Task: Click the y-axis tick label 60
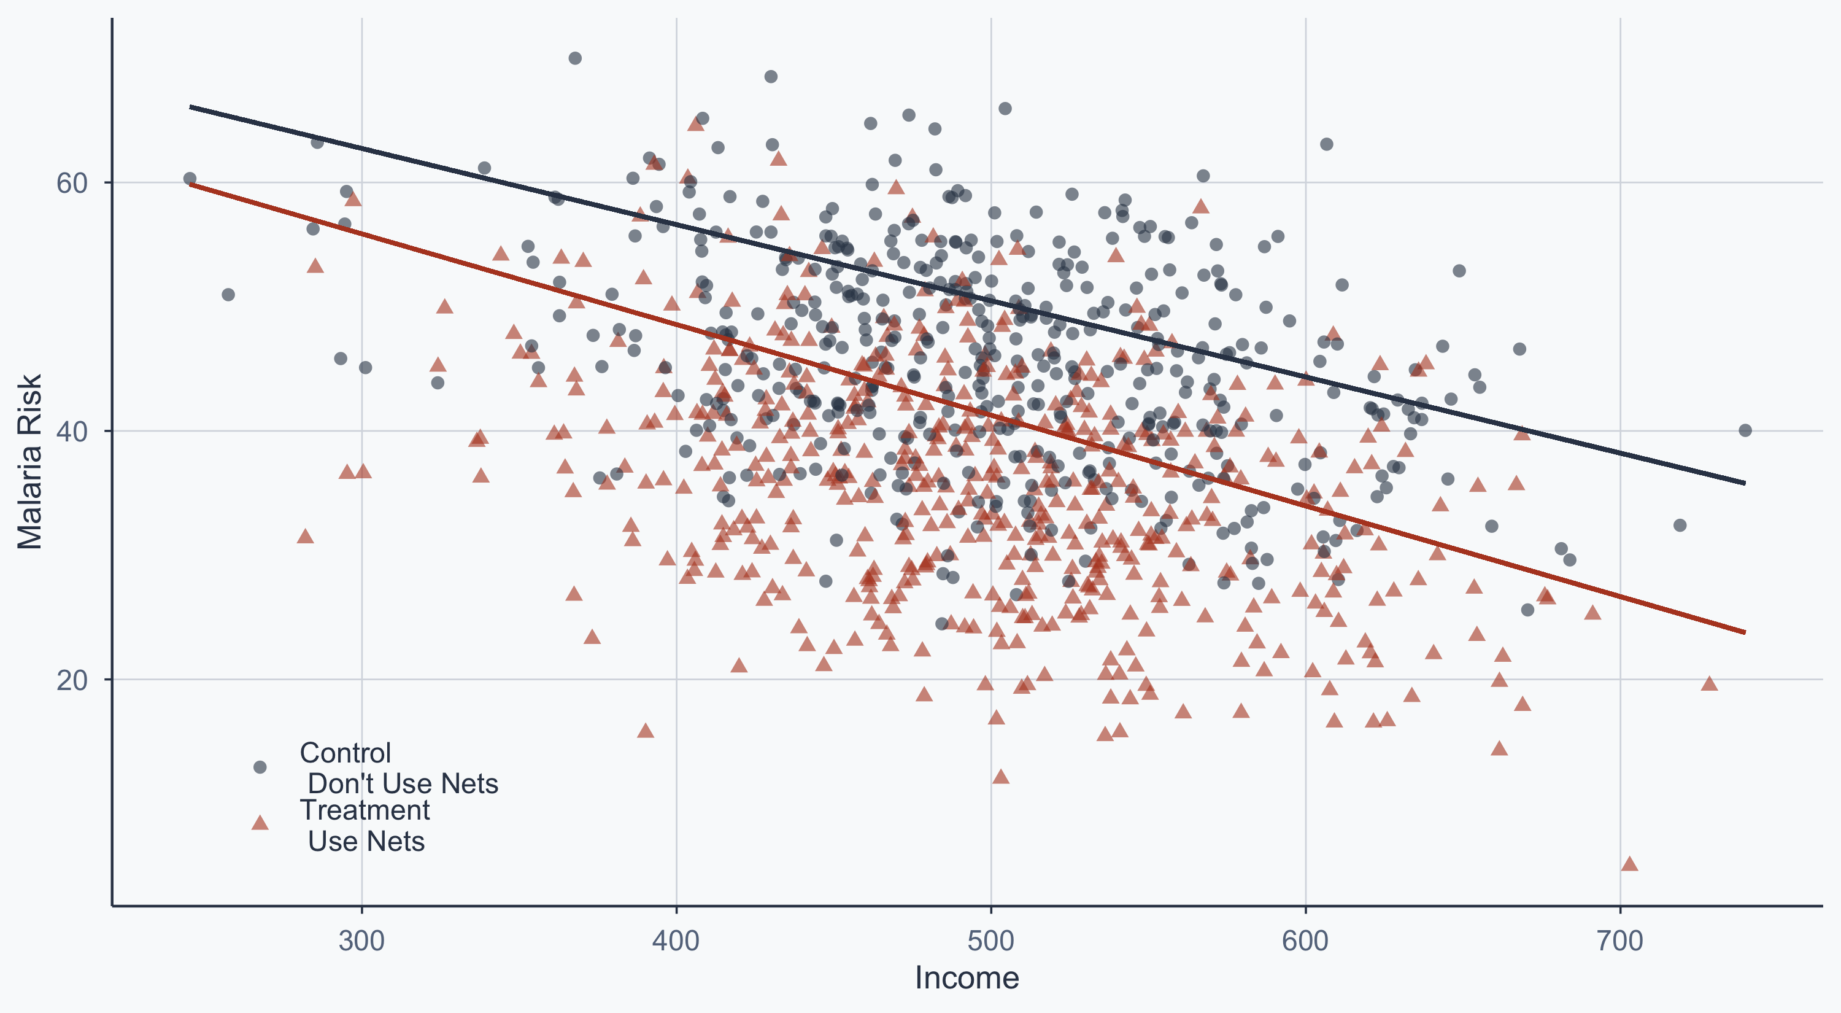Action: [x=71, y=184]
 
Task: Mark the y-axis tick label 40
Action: [x=71, y=432]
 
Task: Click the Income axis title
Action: [x=967, y=978]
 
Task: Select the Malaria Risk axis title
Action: [x=30, y=462]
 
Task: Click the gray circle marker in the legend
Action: [x=260, y=767]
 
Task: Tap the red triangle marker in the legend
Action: [x=260, y=823]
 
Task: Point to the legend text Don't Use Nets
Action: [x=403, y=784]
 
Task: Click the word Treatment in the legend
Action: [x=365, y=810]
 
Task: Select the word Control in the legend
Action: [x=345, y=753]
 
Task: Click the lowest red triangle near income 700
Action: [x=1629, y=864]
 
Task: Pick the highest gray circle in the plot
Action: [x=574, y=58]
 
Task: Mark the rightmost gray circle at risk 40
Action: [x=1745, y=430]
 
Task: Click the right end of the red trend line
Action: [x=1745, y=632]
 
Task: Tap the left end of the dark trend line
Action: [x=190, y=107]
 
